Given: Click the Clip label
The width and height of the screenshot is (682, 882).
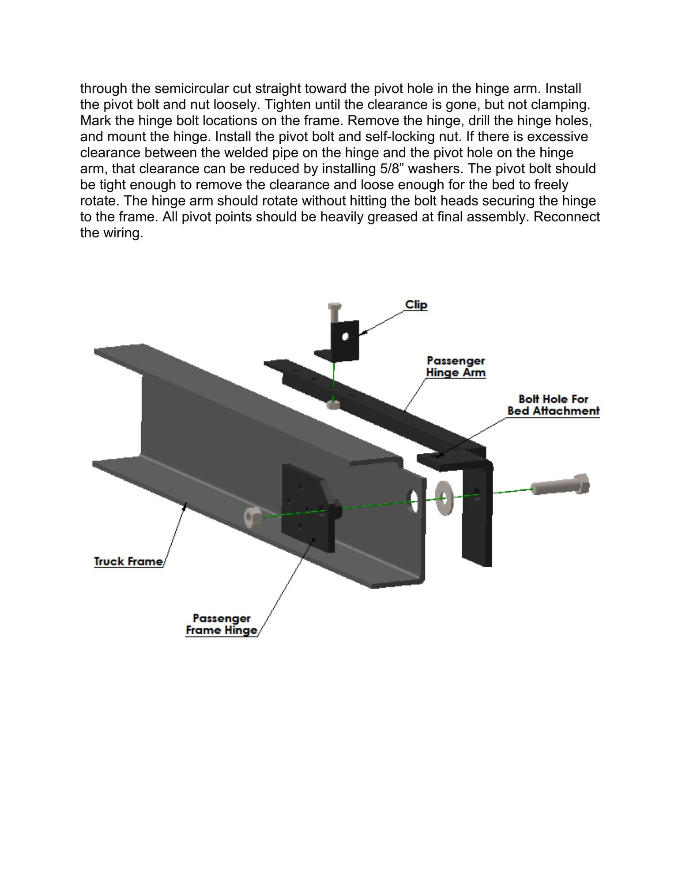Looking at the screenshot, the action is (416, 305).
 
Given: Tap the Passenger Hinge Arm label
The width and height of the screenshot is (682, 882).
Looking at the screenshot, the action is (456, 366).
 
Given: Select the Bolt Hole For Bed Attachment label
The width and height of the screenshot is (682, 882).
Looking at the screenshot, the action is (553, 405).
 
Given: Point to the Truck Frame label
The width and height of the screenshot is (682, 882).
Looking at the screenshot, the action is (128, 561).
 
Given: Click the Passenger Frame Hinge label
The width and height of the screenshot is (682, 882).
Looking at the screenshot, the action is (222, 624).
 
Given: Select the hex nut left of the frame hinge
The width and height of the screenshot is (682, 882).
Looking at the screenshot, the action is (252, 517).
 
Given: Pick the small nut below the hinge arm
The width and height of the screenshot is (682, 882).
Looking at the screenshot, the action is (333, 404).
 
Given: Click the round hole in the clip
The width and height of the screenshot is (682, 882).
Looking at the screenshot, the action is (345, 337).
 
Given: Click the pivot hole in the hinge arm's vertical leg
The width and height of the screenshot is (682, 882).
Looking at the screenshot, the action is (476, 492).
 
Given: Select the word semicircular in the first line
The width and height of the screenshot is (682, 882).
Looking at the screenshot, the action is (190, 88).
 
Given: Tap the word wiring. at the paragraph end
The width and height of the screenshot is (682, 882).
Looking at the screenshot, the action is (124, 233).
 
